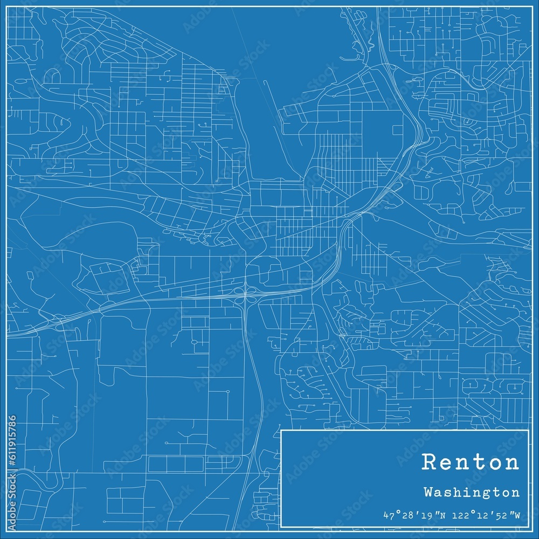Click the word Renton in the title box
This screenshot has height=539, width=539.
click(x=471, y=462)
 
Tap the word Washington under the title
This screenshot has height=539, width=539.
click(x=472, y=492)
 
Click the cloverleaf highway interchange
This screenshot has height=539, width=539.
click(x=246, y=293)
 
